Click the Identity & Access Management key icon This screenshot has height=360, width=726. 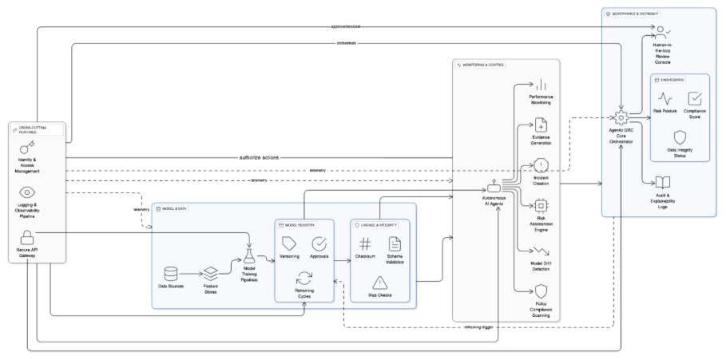point(27,148)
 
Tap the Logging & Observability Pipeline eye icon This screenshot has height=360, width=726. point(27,192)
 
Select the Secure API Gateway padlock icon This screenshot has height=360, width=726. point(27,236)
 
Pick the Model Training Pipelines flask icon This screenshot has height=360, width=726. point(248,255)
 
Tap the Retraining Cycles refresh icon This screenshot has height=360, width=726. point(304,278)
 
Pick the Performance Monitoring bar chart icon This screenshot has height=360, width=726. point(541,85)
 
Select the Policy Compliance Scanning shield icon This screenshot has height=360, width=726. point(541,291)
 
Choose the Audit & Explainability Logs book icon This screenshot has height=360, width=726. point(661,183)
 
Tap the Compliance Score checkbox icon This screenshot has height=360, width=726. point(694,99)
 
